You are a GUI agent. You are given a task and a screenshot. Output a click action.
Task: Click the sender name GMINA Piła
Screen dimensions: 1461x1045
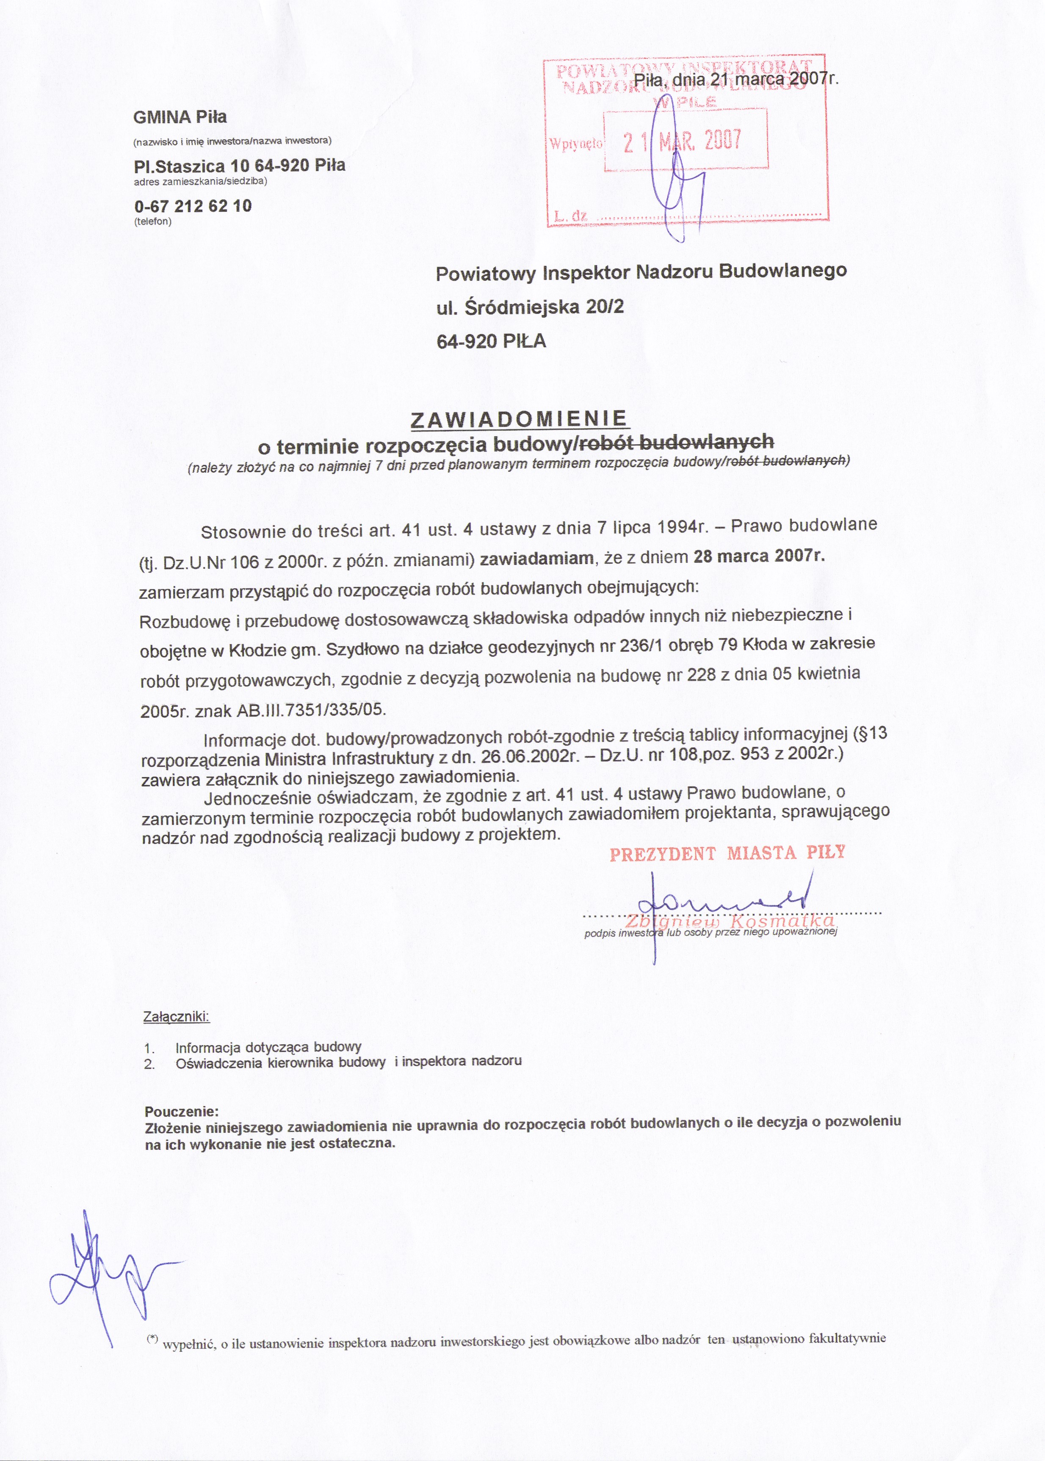(180, 117)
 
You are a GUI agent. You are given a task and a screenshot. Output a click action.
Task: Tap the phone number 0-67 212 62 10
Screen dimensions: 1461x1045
(193, 206)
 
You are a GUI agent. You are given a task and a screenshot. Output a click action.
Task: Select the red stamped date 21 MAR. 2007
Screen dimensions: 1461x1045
(683, 140)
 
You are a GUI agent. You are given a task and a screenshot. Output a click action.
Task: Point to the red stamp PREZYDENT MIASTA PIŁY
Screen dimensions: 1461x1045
(727, 853)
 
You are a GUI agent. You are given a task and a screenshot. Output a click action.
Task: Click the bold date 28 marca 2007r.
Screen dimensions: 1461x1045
(759, 556)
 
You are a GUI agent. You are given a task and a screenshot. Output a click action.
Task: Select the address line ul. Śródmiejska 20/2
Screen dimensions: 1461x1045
(530, 307)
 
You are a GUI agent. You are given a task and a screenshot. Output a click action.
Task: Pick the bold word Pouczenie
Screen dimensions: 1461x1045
(182, 1112)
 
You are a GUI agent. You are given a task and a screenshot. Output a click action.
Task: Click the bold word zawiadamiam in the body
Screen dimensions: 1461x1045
(536, 559)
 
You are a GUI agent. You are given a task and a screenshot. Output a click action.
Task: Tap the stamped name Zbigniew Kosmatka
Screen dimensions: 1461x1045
(730, 921)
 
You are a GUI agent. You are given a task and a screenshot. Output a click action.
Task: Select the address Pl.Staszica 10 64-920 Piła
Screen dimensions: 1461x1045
(239, 166)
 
